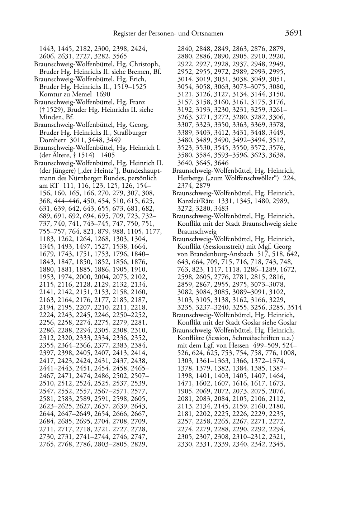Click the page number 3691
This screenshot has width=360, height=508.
pyautogui.click(x=294, y=33)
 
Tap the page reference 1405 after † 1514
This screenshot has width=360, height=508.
pyautogui.click(x=108, y=155)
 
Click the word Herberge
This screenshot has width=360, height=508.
pyautogui.click(x=190, y=178)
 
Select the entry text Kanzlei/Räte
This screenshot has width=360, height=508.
pyautogui.click(x=196, y=201)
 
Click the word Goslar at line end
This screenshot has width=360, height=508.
pyautogui.click(x=287, y=322)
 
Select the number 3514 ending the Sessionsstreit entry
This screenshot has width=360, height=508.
pyautogui.click(x=294, y=307)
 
